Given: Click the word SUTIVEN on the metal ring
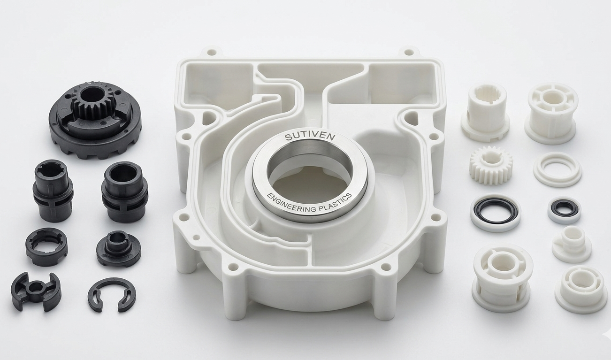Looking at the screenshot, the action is tap(310, 137).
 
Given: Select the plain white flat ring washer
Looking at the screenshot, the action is tap(557, 169).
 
